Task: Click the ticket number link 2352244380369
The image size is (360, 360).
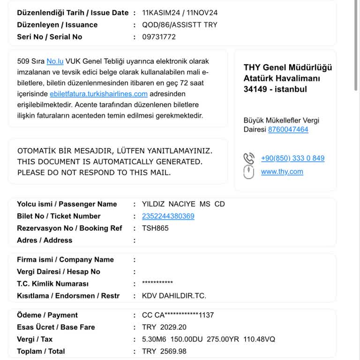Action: click(168, 216)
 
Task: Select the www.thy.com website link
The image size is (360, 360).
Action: click(282, 172)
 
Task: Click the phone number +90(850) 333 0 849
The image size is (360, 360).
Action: click(292, 158)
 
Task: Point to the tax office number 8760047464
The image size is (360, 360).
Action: click(288, 129)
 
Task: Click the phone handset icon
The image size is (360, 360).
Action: click(249, 158)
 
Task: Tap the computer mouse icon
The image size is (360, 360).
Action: click(249, 172)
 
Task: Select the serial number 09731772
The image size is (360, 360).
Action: click(159, 37)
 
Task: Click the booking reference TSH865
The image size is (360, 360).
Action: click(155, 228)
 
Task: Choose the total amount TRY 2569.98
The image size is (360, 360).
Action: click(164, 351)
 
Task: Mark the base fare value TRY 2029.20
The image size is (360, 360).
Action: click(164, 327)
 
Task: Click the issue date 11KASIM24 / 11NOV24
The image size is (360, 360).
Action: click(180, 13)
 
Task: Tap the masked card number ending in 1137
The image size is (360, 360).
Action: click(178, 315)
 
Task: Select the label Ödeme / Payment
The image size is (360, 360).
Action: click(47, 315)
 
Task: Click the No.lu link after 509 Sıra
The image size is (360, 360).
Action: click(55, 61)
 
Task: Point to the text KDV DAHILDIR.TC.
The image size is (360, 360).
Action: click(174, 296)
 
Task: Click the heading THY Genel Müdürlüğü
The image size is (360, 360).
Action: click(287, 67)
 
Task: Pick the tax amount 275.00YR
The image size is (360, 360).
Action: click(227, 339)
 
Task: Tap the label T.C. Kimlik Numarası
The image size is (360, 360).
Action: click(52, 284)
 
